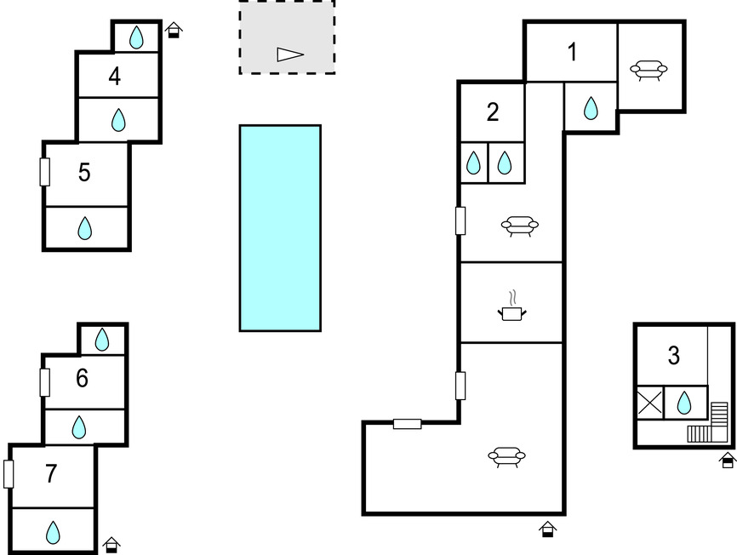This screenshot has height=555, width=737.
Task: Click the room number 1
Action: point(572,52)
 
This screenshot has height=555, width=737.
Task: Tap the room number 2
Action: point(493,112)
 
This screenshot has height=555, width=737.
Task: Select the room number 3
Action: point(673,356)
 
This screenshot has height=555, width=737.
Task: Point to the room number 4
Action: point(115,76)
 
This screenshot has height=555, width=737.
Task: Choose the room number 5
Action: point(84,173)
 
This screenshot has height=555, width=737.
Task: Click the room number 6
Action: point(82,378)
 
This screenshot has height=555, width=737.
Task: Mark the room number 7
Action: point(51,473)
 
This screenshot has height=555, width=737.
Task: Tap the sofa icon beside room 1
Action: point(648,70)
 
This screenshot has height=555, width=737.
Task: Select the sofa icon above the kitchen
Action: point(520,226)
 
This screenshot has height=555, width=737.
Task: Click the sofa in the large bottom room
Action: point(506,457)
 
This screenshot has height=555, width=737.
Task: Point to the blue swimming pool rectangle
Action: point(280,228)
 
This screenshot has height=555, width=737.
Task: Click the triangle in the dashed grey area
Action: point(289,54)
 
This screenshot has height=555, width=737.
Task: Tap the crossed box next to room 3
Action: point(649,403)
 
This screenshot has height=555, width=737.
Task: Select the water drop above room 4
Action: point(136,37)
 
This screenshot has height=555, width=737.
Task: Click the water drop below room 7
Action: point(53,533)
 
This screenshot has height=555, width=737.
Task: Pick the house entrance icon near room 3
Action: point(728,460)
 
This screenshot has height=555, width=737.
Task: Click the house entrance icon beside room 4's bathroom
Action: point(174,30)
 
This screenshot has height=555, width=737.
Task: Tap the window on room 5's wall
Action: point(44,172)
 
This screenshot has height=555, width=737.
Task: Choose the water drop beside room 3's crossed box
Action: point(684,403)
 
